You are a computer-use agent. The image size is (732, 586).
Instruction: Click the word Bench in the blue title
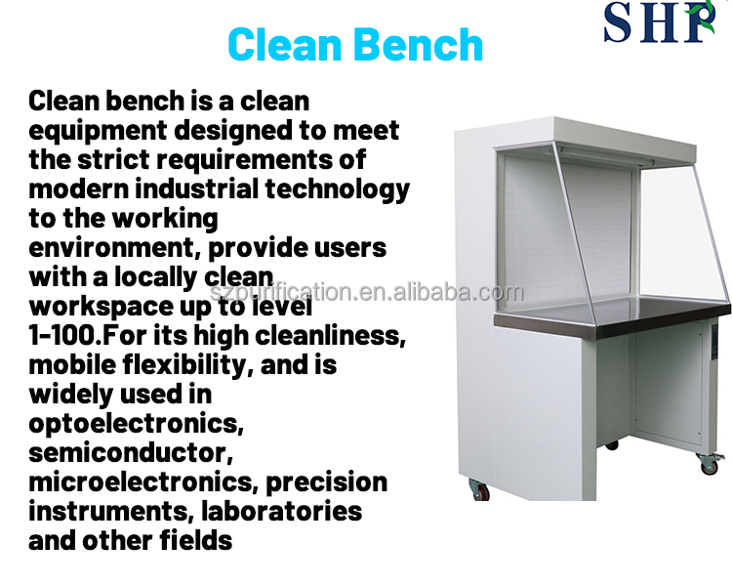pos(414,44)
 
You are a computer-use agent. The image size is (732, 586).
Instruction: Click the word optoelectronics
pos(136,424)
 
